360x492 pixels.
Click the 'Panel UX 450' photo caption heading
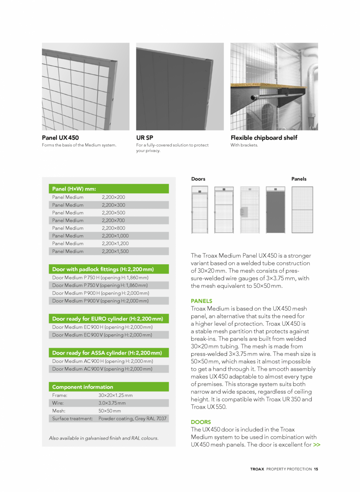coord(60,138)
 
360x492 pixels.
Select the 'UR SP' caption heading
coord(145,138)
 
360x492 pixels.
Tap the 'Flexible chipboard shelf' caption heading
coord(264,138)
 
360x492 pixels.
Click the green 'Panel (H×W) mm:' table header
coord(74,189)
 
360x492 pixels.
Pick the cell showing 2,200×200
coord(113,197)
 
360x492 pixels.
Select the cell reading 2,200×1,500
coord(115,251)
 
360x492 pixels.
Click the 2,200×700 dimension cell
coord(113,220)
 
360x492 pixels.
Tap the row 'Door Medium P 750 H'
coord(100,278)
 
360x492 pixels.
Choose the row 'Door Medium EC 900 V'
coord(102,335)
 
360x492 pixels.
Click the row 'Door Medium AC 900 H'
coord(102,361)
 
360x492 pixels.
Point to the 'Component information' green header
coord(83,387)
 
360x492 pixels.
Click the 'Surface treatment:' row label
coord(72,419)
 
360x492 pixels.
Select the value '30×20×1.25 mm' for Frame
coord(116,395)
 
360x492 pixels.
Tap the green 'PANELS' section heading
coord(201,301)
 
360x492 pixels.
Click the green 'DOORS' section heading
coord(201,422)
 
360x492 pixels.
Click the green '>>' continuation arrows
coord(317,445)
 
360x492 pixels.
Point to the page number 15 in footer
coord(316,469)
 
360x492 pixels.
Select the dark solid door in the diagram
coord(275,210)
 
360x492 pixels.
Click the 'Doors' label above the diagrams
coord(198,179)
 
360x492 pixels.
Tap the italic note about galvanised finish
coord(104,438)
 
